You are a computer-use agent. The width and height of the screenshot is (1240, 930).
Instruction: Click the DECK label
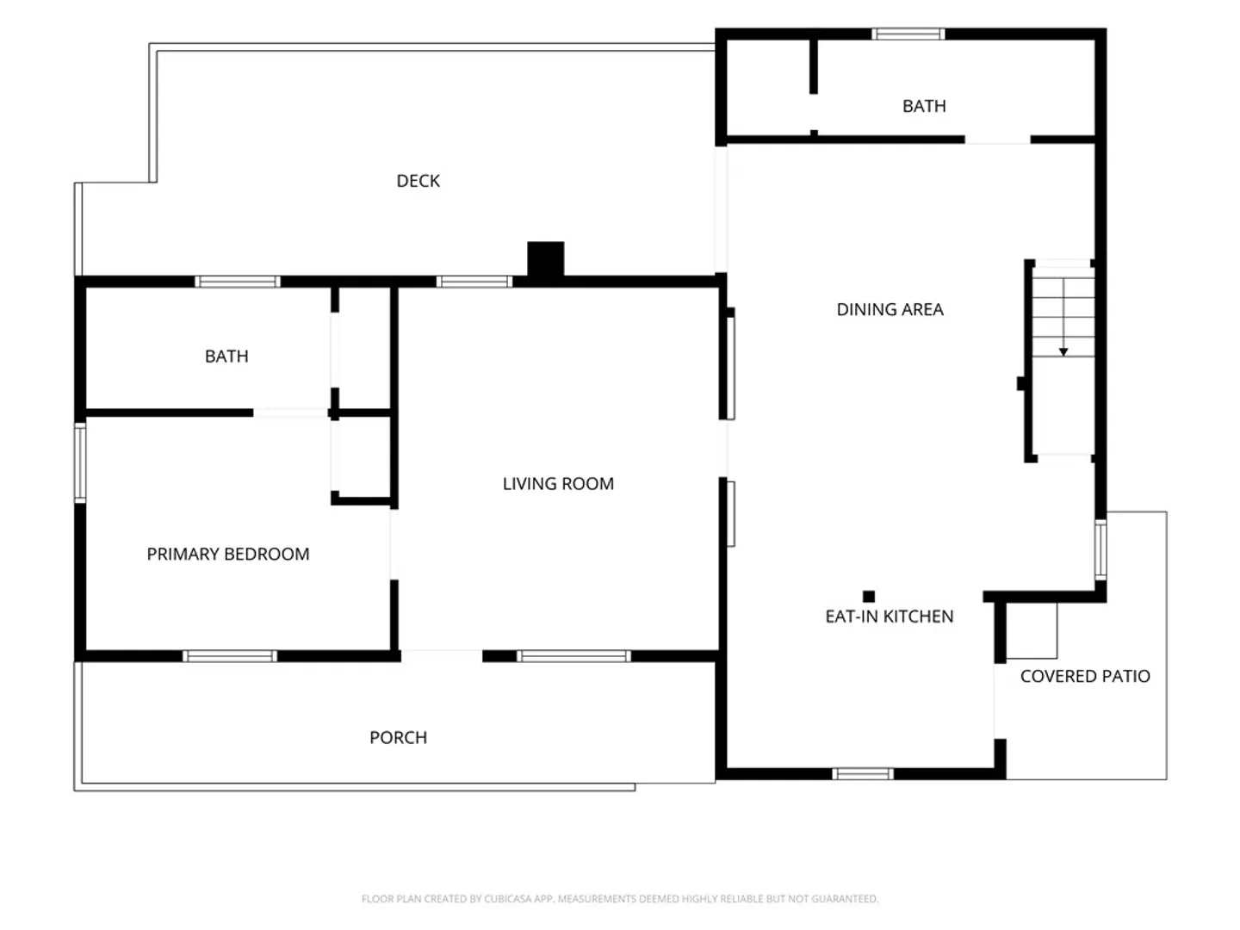(x=418, y=181)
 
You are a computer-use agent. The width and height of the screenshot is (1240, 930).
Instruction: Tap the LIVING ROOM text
(x=558, y=483)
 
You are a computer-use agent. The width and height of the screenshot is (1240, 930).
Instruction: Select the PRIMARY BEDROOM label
(x=228, y=554)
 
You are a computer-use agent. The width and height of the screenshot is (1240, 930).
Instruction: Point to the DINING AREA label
(x=890, y=309)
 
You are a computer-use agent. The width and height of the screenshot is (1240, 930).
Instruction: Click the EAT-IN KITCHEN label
(x=890, y=616)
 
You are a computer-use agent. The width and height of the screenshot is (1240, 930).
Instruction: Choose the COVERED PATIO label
(x=1085, y=676)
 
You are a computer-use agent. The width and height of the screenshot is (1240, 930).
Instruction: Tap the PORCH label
(x=399, y=737)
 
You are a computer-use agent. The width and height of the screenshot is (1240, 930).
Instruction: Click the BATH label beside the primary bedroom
(x=226, y=356)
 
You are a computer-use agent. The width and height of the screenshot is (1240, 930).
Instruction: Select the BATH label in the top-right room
(x=924, y=106)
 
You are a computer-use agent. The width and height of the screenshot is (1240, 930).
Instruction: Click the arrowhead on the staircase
(x=1063, y=352)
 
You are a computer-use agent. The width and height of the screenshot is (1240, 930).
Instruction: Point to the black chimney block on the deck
(x=546, y=259)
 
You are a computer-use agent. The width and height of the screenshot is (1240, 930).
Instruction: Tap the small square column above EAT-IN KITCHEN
(x=869, y=596)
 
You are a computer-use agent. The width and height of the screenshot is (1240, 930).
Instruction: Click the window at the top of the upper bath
(x=908, y=34)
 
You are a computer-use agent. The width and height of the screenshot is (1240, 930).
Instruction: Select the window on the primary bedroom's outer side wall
(x=80, y=462)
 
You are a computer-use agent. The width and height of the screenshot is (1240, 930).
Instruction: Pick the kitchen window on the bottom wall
(x=863, y=773)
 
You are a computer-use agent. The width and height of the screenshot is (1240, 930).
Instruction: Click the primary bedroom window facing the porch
(x=230, y=655)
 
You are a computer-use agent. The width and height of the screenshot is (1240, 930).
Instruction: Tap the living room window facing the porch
(x=573, y=655)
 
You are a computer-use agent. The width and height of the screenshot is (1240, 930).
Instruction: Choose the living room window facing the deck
(x=474, y=282)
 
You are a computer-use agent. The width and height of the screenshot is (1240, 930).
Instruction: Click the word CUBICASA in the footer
(x=506, y=899)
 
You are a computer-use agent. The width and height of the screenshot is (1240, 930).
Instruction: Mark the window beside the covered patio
(x=1100, y=549)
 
